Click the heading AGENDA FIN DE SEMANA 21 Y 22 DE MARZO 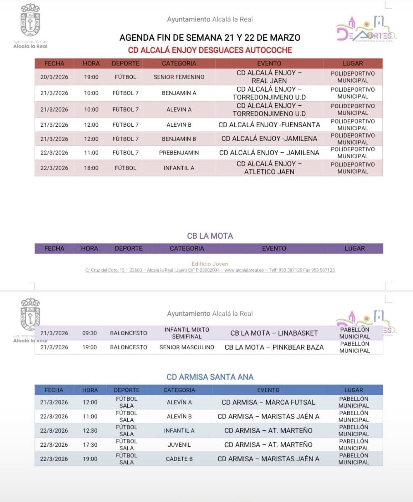pos(210,38)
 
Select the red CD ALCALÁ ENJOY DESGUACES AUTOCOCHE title pos(210,50)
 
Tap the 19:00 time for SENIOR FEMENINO pos(91,77)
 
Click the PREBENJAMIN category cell pos(179,153)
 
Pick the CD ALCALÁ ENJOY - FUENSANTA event pos(269,125)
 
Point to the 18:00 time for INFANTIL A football pos(91,168)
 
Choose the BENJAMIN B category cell pos(179,139)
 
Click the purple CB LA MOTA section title pos(210,236)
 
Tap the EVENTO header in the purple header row pos(274,248)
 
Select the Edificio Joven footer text pos(210,264)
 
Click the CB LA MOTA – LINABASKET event pos(274,333)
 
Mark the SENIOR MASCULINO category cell pos(187,347)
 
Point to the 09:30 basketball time pos(89,333)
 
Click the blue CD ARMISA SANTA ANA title pos(210,377)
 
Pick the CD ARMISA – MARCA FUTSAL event pos(268,402)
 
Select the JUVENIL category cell pos(179,445)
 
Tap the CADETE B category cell pos(179,459)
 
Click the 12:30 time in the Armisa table pos(90,431)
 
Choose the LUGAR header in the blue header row pos(354,390)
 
